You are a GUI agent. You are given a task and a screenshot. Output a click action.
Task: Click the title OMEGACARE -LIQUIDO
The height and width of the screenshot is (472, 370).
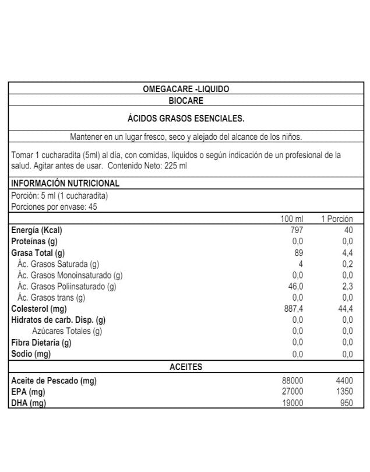pos(186,89)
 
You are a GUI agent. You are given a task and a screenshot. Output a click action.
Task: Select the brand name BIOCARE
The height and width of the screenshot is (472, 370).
pos(186,100)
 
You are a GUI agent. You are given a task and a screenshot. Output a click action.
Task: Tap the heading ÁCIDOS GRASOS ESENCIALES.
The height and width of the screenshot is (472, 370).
pos(186,118)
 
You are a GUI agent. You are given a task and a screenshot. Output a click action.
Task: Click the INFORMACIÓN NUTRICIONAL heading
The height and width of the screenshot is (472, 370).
pos(65,184)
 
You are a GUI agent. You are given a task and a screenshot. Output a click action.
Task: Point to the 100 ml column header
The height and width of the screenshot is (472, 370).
pos(292,219)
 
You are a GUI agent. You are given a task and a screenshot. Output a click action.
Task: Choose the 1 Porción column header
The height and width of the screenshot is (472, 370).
pos(337,219)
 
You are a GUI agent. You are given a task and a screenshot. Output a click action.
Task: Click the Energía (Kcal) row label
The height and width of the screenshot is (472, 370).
pos(37,230)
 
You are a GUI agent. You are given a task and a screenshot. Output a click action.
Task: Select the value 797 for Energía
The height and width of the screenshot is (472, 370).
pos(296,230)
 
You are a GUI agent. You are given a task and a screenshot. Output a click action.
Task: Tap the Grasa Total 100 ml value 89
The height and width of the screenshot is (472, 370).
pos(299,253)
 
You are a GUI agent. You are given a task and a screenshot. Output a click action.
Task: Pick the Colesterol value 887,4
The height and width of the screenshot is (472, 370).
pos(293,309)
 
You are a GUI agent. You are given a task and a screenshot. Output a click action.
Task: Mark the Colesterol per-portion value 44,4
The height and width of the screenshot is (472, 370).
pos(346,309)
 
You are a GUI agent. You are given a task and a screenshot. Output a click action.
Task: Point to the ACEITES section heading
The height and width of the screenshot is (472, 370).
pos(186,367)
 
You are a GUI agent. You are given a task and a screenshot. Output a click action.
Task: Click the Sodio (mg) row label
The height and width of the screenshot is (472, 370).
pos(31,354)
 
